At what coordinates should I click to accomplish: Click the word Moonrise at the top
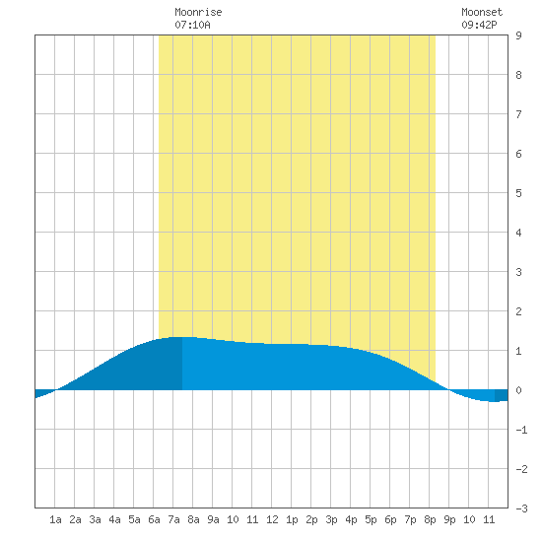[198, 12]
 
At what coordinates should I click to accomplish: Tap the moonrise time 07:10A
[192, 25]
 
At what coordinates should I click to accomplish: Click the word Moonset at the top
[482, 12]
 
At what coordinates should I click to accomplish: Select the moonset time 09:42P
[480, 25]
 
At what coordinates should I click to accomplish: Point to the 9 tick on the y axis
[518, 35]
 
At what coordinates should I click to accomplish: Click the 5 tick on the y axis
[518, 193]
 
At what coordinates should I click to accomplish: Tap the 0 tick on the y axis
[518, 390]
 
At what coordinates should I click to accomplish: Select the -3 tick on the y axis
[521, 508]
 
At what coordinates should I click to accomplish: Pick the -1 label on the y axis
[521, 430]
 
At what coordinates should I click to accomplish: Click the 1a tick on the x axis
[55, 519]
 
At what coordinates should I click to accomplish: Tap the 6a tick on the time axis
[154, 519]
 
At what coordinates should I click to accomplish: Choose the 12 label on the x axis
[272, 519]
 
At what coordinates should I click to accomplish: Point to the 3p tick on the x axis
[331, 519]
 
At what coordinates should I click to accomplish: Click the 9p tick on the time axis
[449, 519]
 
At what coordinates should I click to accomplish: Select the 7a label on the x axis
[173, 519]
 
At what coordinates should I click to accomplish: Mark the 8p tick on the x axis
[430, 519]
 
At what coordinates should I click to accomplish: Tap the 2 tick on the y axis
[518, 311]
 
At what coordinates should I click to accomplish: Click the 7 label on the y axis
[518, 114]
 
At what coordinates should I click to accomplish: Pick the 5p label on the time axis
[371, 519]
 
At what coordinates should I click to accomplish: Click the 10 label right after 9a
[233, 519]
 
